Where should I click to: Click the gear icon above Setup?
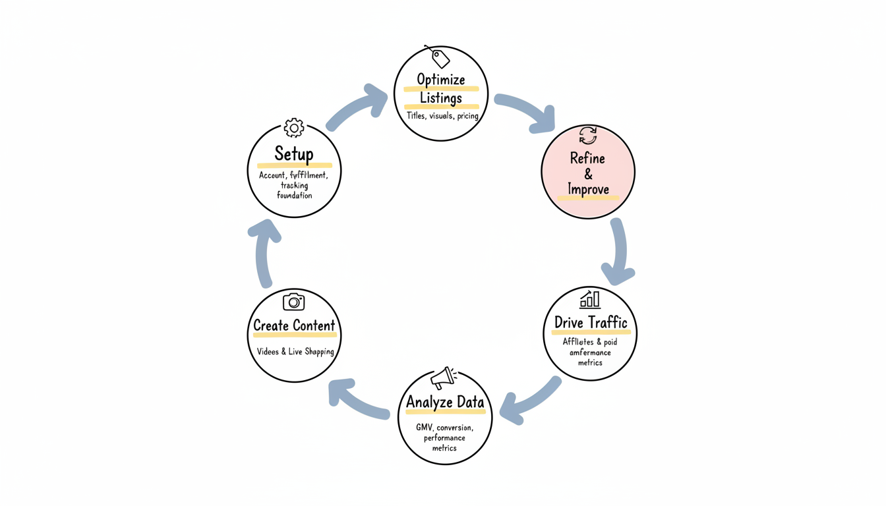click(294, 128)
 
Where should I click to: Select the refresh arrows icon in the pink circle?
click(588, 136)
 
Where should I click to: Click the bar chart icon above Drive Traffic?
click(590, 299)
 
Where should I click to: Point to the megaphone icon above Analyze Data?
click(443, 378)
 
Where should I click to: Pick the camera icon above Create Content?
click(294, 302)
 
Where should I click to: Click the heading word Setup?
click(294, 154)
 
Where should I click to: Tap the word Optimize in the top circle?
click(441, 80)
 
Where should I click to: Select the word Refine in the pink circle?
click(587, 158)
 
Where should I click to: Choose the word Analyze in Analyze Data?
click(427, 402)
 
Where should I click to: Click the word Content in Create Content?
click(314, 325)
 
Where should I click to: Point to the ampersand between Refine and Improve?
click(588, 174)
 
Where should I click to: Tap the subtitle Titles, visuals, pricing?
click(442, 116)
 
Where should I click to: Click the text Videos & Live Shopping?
click(295, 352)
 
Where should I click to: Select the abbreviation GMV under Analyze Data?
click(425, 428)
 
